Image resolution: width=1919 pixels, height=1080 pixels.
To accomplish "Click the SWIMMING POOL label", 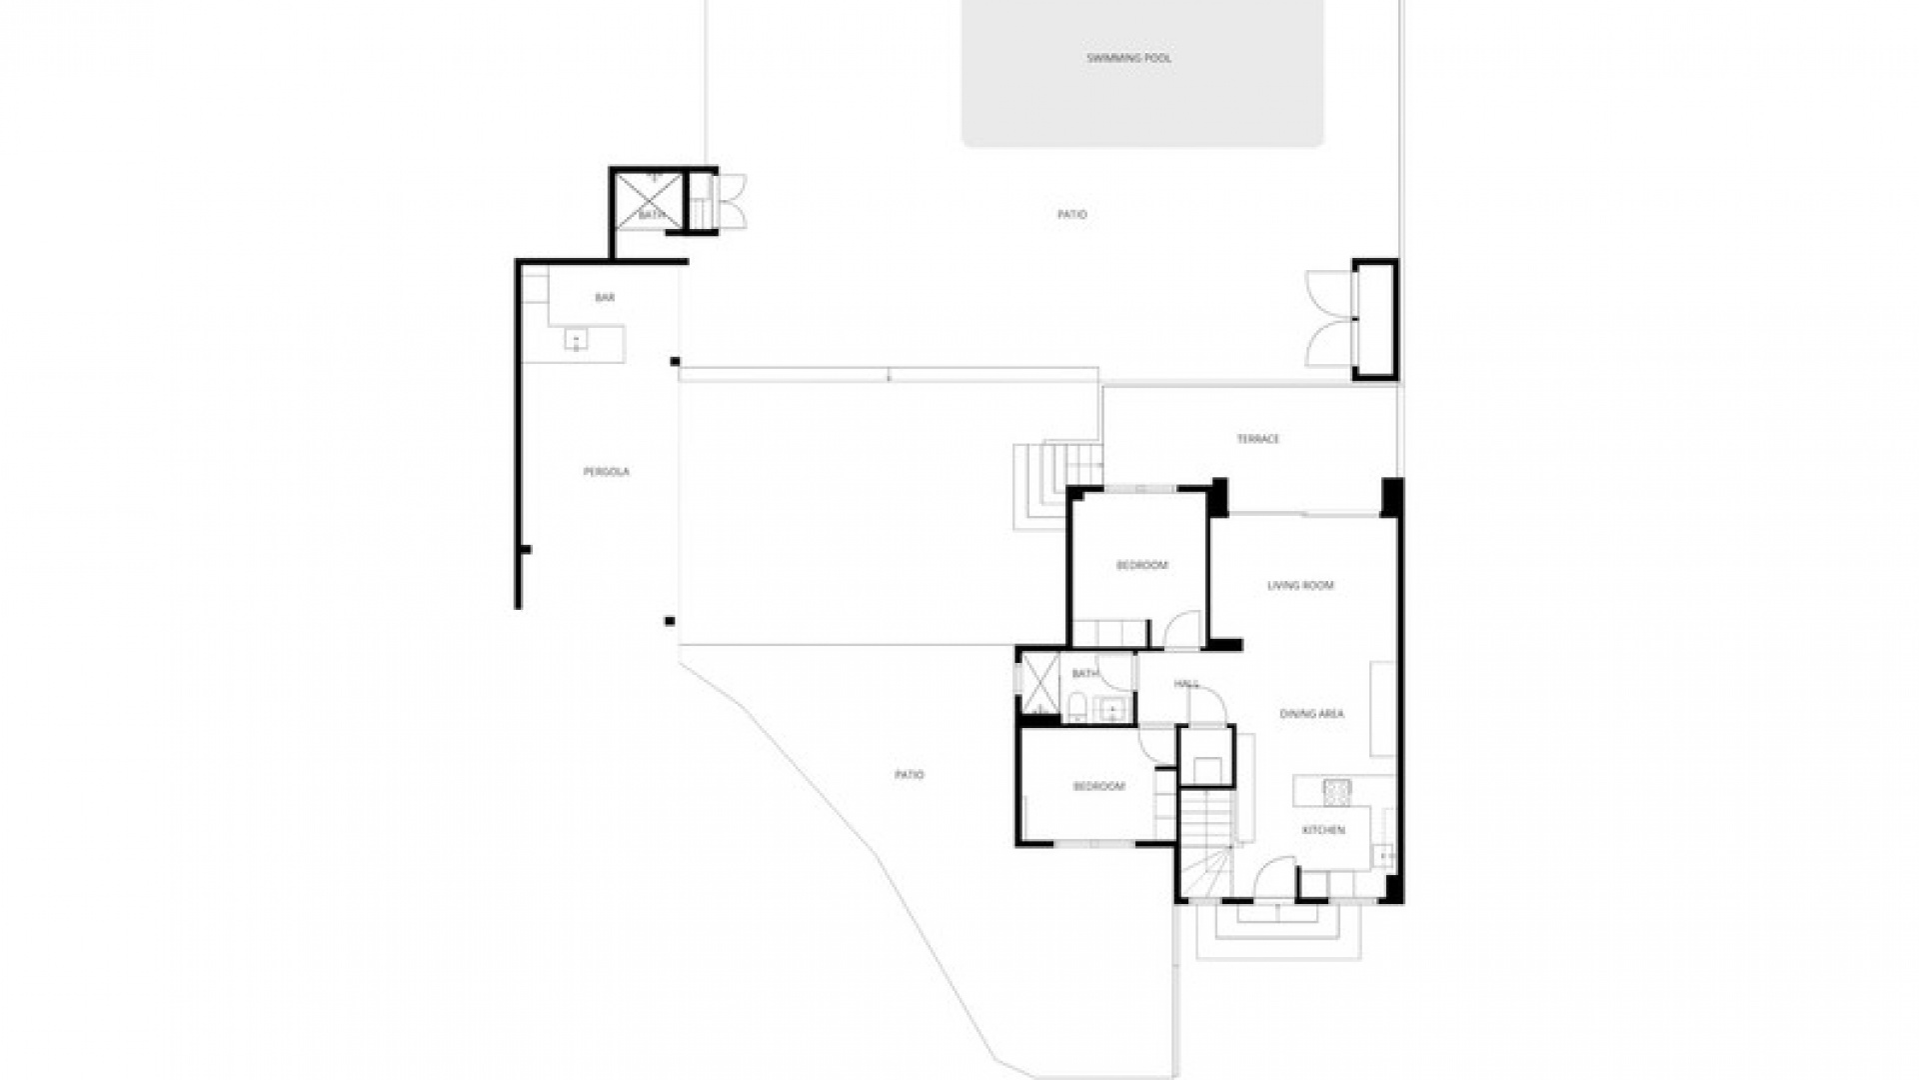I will (x=1128, y=58).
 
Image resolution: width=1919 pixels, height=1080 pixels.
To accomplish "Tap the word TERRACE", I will (x=1257, y=439).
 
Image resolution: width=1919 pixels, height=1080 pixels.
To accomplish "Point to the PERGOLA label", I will (x=606, y=472).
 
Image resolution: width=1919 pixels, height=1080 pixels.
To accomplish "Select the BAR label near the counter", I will (x=604, y=298).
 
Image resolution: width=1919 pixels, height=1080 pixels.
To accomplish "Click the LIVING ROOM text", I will (x=1300, y=586).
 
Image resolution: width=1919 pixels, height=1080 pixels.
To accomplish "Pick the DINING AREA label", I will (x=1311, y=714).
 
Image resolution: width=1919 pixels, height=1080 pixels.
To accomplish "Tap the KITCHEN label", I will (x=1322, y=830).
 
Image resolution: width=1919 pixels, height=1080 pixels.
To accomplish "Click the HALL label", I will (x=1186, y=684).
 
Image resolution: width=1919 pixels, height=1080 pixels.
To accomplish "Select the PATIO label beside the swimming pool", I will (x=1071, y=215).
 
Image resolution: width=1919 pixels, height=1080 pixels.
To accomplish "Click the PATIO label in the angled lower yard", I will (x=909, y=775).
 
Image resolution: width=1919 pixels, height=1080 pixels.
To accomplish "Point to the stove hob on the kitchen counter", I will (x=1336, y=791).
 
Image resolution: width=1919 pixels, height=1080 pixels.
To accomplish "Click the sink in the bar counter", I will (x=577, y=341).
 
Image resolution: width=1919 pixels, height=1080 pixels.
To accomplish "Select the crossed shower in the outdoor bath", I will (x=647, y=200).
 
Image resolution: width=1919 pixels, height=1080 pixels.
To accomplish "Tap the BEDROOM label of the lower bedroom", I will (x=1098, y=787).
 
